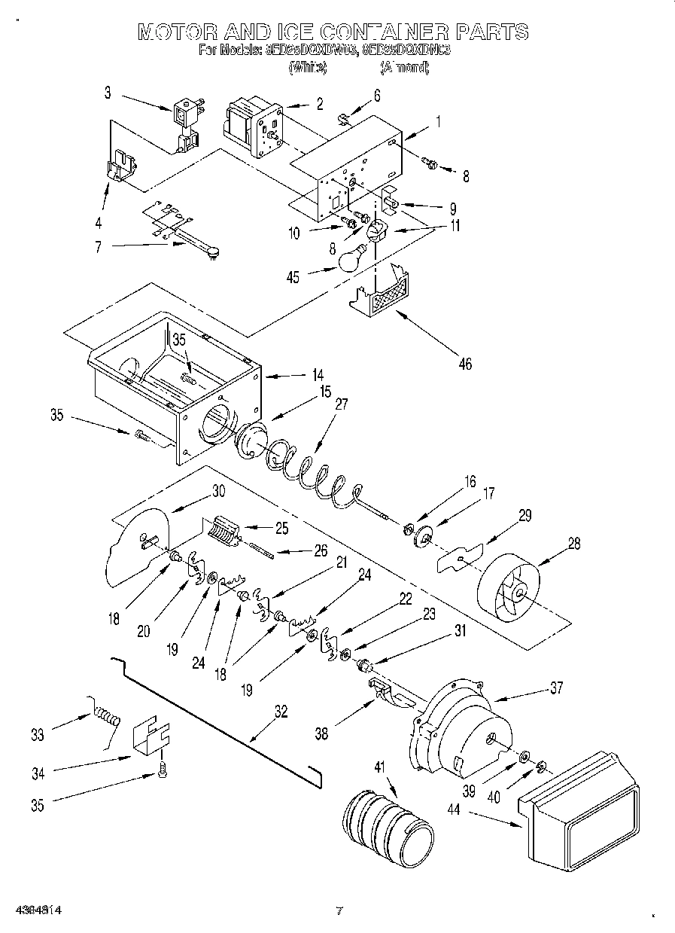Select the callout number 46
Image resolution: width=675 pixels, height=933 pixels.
pos(464,364)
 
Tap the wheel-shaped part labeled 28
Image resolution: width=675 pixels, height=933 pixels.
pos(510,587)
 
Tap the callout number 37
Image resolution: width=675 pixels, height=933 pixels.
pos(556,688)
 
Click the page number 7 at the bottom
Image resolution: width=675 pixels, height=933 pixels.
pos(339,911)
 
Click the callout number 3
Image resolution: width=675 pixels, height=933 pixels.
pos(108,92)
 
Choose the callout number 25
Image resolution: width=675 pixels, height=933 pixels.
pos(281,529)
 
